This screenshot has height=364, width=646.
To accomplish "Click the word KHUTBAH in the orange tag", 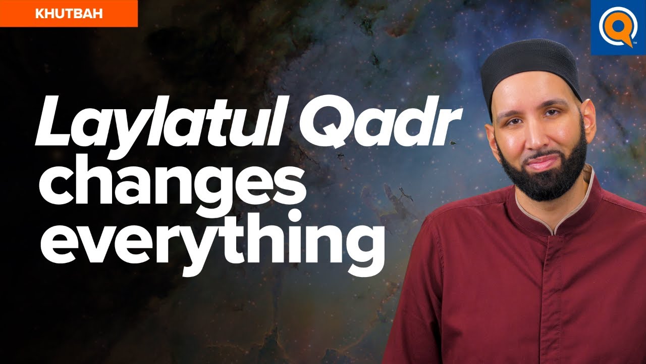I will (x=69, y=14).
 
